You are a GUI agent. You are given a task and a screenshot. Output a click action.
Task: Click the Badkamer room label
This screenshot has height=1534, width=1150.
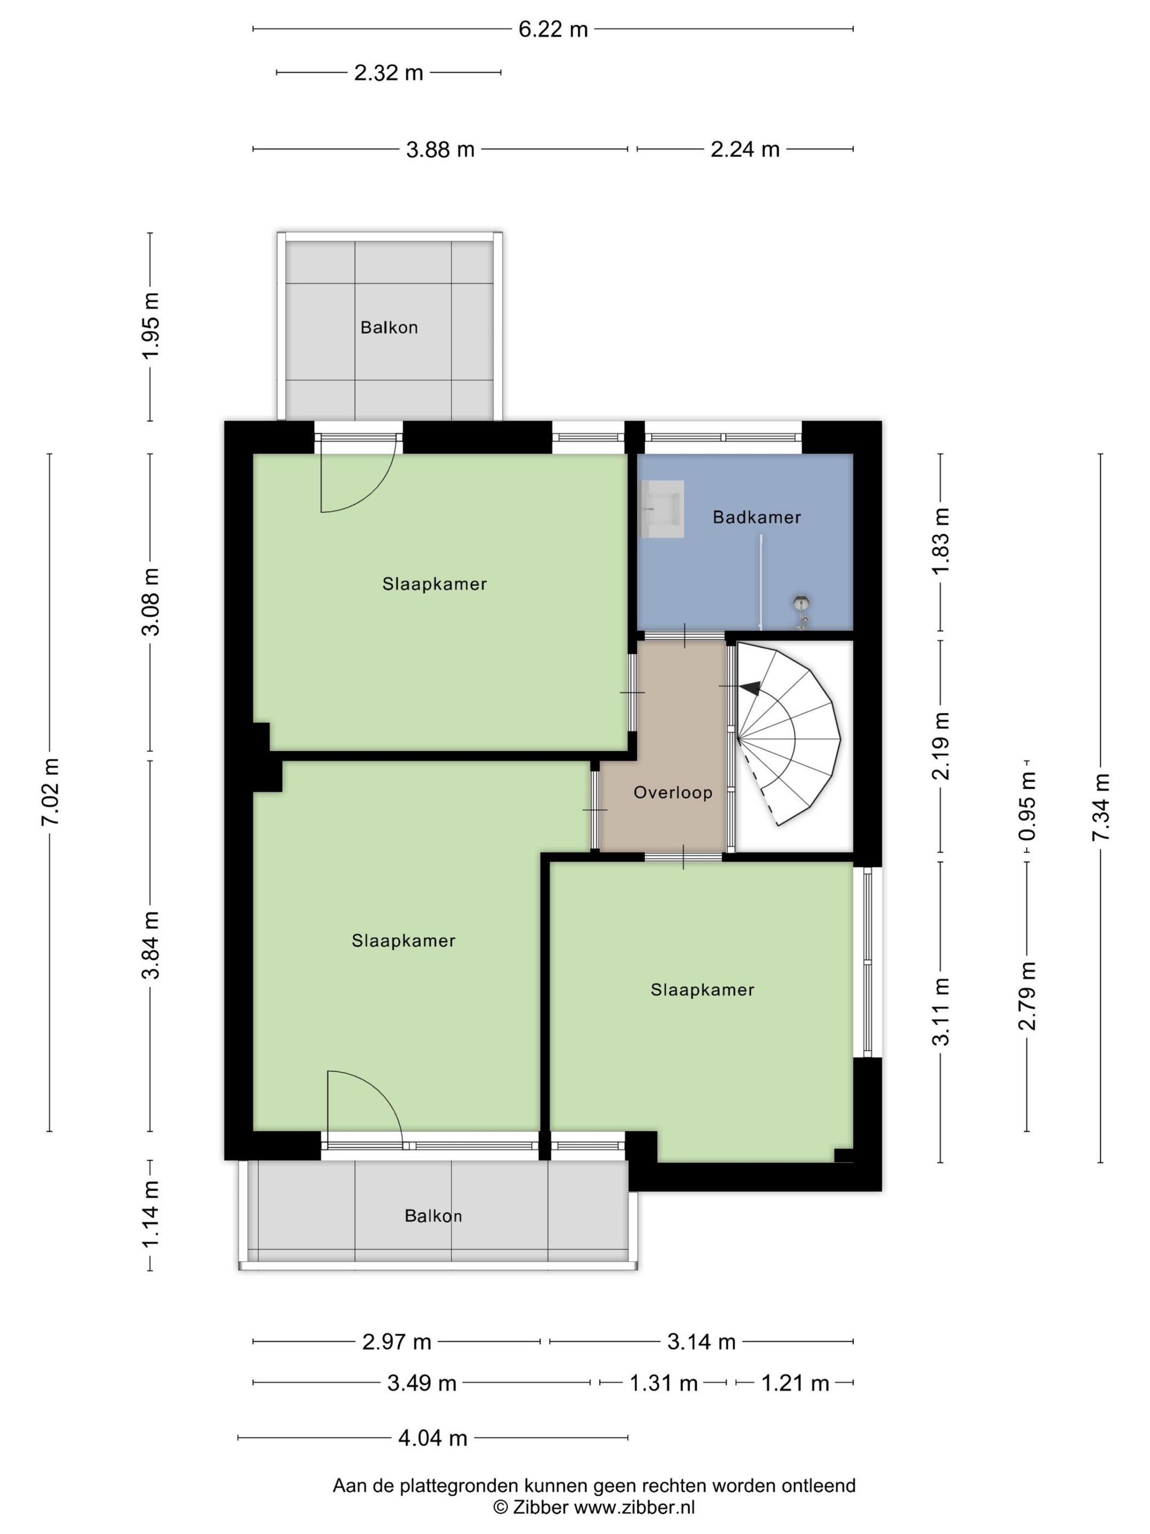click(x=756, y=517)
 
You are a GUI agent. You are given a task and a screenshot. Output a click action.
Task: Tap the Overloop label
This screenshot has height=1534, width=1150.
click(x=672, y=792)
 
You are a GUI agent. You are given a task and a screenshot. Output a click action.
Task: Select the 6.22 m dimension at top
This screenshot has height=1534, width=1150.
click(x=553, y=29)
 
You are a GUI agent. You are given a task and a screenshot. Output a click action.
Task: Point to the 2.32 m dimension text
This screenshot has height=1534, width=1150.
click(x=388, y=72)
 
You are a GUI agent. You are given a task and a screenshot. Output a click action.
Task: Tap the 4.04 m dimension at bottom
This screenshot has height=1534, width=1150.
click(x=433, y=1438)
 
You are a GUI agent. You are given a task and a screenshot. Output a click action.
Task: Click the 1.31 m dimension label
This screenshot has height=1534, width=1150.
click(x=663, y=1383)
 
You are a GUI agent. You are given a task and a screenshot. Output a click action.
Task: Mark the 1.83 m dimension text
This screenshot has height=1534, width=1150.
click(x=941, y=541)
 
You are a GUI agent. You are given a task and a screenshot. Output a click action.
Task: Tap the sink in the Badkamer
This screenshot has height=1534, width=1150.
click(x=662, y=509)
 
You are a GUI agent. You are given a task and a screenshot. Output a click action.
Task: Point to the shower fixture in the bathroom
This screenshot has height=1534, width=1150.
click(x=801, y=610)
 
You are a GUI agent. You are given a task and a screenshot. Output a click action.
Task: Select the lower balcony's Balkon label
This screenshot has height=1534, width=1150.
click(x=433, y=1216)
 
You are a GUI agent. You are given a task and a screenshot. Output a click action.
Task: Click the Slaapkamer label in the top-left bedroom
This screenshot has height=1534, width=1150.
click(x=435, y=584)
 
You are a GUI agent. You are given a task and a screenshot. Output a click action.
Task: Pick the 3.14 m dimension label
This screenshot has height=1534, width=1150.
click(x=701, y=1342)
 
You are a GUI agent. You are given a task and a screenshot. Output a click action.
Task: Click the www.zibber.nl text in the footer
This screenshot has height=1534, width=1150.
click(x=634, y=1507)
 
